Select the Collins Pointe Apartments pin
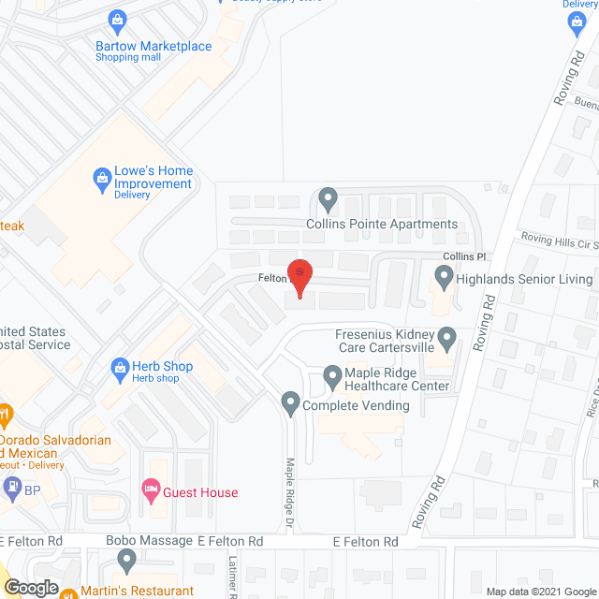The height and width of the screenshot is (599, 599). pyautogui.click(x=328, y=198)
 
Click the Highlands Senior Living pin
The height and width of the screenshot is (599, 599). pyautogui.click(x=444, y=278)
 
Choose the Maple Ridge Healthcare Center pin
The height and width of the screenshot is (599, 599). pyautogui.click(x=331, y=376)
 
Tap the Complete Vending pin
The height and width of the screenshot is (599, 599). pyautogui.click(x=290, y=404)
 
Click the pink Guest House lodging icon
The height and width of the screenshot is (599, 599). pyautogui.click(x=150, y=488)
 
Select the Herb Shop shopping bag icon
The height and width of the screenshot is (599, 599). pyautogui.click(x=119, y=368)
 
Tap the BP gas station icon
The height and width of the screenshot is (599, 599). pyautogui.click(x=12, y=487)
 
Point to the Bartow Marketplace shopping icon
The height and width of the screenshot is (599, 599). pyautogui.click(x=118, y=20)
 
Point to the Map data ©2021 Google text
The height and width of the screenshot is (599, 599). pyautogui.click(x=539, y=592)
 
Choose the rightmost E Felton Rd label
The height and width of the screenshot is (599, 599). pyautogui.click(x=365, y=542)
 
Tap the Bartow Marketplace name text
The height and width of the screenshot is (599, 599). pyautogui.click(x=153, y=46)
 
